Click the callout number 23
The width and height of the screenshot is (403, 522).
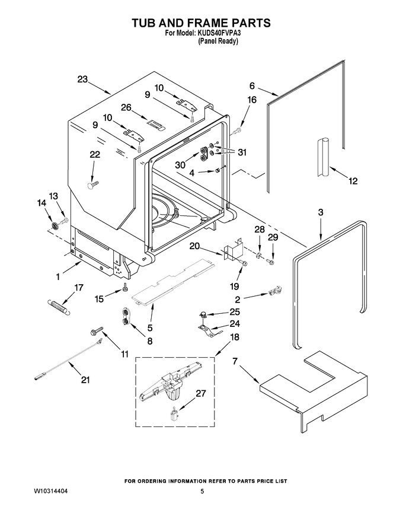(82, 79)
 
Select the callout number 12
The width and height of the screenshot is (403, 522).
(353, 181)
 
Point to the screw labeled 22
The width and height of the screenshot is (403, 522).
(93, 185)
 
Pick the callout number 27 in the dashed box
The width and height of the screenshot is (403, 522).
(200, 393)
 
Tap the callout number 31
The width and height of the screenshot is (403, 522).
(242, 152)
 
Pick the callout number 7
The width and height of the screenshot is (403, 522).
(235, 361)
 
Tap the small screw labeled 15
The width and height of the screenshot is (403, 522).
(124, 287)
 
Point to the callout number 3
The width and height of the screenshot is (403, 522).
(321, 212)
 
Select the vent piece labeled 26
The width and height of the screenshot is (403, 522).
(156, 123)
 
